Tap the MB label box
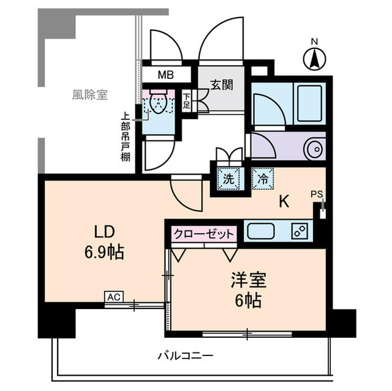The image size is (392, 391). [x=165, y=76]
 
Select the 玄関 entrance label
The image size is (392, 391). [x=222, y=85]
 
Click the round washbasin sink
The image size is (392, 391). [x=314, y=147]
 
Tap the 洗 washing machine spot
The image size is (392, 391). [x=228, y=179]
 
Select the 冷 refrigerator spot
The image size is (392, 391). [x=262, y=179]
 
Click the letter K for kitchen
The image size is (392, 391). [x=284, y=201]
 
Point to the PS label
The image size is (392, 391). [x=316, y=194]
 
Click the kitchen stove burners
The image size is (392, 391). [x=300, y=231]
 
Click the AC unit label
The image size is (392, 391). [x=113, y=297]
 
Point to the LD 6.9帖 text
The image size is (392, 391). [x=104, y=242]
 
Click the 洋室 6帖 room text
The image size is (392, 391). [x=247, y=290]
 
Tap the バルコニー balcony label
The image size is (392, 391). [x=185, y=355]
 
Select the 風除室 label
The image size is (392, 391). [x=89, y=95]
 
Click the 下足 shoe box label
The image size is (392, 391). [x=186, y=102]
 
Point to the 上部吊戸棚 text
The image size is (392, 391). [x=125, y=136]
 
